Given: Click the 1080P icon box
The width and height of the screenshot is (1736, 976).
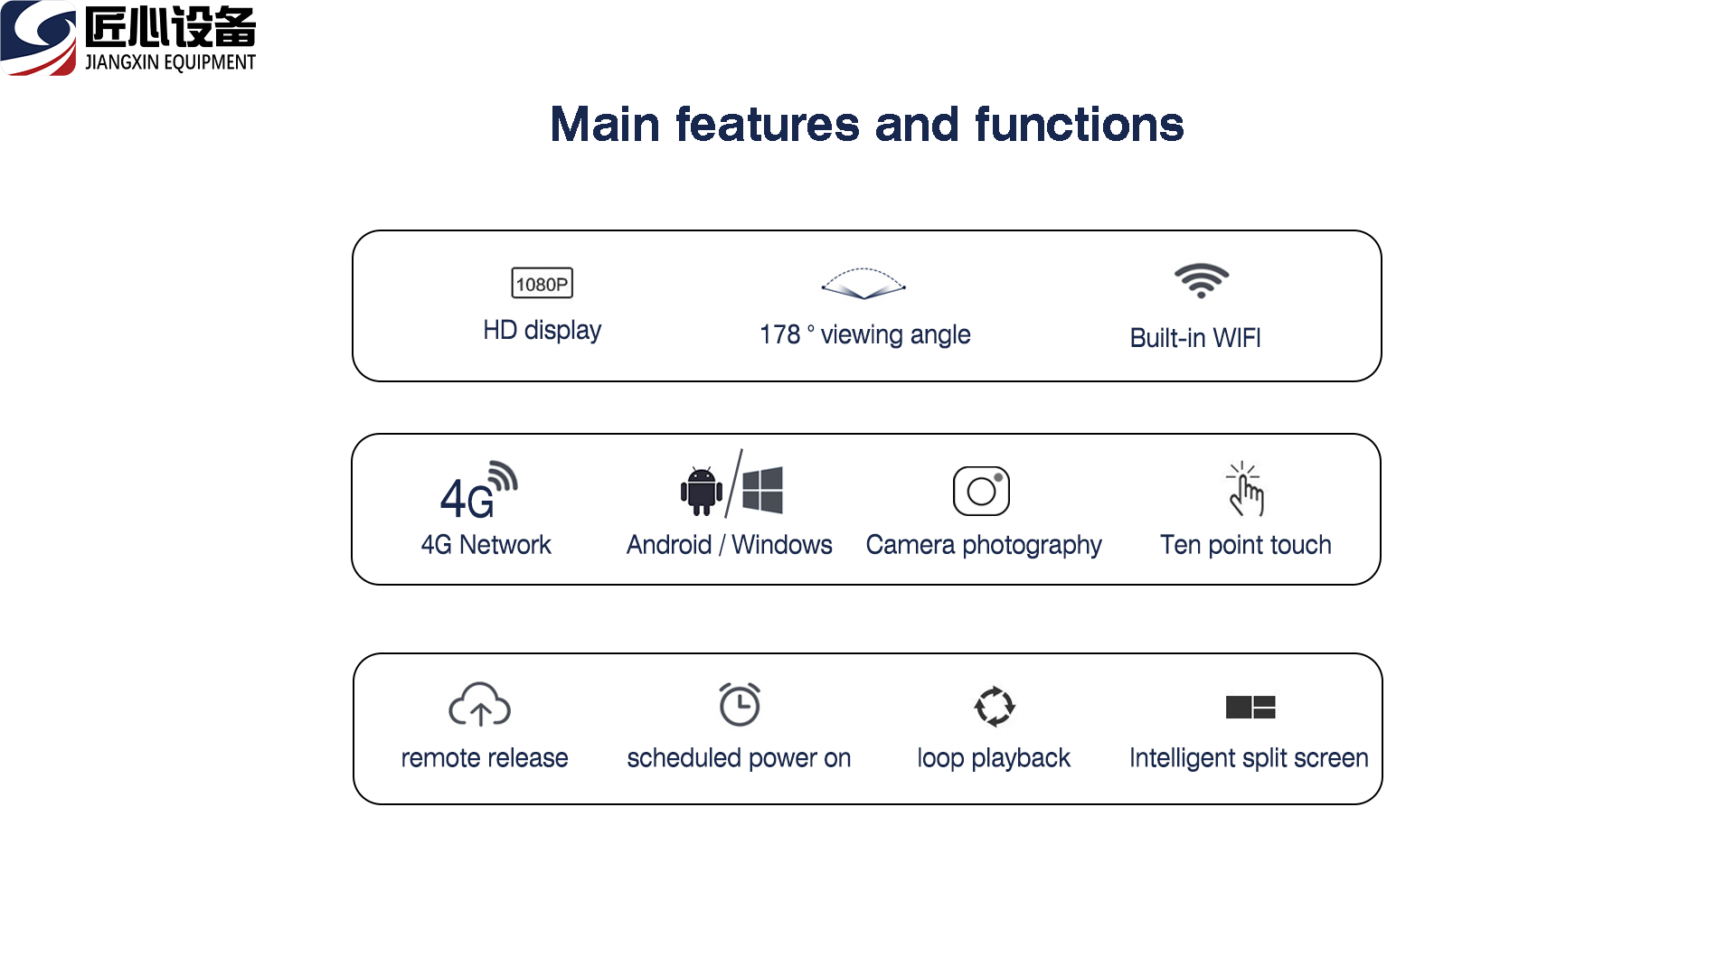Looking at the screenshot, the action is point(542,284).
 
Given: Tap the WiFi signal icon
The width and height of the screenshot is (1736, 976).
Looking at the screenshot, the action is point(1201,280).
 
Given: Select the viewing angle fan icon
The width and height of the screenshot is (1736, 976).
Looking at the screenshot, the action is point(863,284).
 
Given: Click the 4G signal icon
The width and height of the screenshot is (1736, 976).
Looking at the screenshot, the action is point(478,491).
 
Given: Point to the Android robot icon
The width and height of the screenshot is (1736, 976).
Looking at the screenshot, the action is point(702,492).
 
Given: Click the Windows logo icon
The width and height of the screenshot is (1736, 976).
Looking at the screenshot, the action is point(762,490).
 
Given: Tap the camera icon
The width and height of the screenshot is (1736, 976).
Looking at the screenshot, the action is point(981,491).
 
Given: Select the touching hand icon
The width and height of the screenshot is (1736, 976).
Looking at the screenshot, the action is point(1245,489).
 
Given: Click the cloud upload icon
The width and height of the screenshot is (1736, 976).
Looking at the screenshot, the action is point(480,705).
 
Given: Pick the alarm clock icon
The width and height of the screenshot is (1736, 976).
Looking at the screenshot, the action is point(740,704).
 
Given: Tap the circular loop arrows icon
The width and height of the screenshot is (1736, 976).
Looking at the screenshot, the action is point(995,706).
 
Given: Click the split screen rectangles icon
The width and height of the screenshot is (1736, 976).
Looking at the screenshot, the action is point(1250,707).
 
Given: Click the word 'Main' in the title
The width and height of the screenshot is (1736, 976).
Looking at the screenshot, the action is point(605,125).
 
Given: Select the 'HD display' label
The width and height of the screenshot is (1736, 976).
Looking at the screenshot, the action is point(542,331).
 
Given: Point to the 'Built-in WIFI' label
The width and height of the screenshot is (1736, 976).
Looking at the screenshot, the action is point(1195,338).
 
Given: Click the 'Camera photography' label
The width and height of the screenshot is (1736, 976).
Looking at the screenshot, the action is point(984,545).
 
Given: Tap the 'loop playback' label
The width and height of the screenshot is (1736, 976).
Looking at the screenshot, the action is point(994,758).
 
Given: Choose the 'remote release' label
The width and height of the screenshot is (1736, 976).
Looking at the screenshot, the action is point(485,758).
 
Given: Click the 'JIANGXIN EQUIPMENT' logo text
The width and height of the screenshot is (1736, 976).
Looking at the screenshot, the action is point(170,62).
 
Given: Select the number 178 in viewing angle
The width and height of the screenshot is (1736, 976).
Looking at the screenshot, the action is point(779,335).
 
